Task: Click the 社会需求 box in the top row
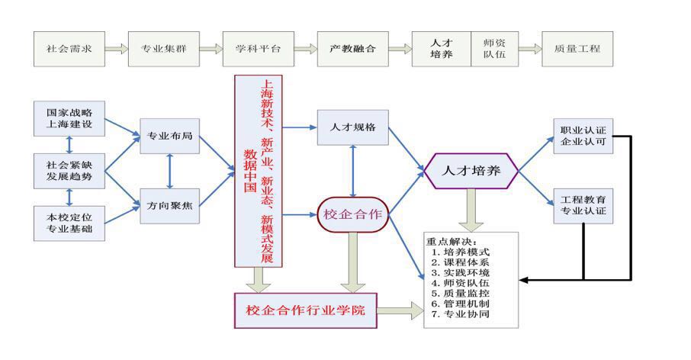tap(69, 49)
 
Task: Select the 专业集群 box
tap(164, 49)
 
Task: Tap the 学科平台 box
tap(259, 49)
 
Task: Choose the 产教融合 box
tap(353, 49)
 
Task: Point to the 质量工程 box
tap(577, 49)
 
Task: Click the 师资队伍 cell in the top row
tap(494, 49)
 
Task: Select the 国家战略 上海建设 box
tap(69, 118)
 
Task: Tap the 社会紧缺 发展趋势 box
tap(69, 171)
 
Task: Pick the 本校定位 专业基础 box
tap(69, 223)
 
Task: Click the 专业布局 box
tap(169, 137)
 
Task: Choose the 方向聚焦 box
tap(169, 206)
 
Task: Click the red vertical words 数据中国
tap(250, 171)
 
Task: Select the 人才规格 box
tap(353, 127)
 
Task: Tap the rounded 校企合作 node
tap(353, 214)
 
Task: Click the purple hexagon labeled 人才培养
tap(471, 171)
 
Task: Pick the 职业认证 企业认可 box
tap(583, 137)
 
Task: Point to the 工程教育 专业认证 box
tap(583, 206)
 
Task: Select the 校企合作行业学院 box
tap(305, 310)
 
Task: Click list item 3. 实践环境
tap(461, 273)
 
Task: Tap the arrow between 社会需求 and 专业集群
tap(117, 49)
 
